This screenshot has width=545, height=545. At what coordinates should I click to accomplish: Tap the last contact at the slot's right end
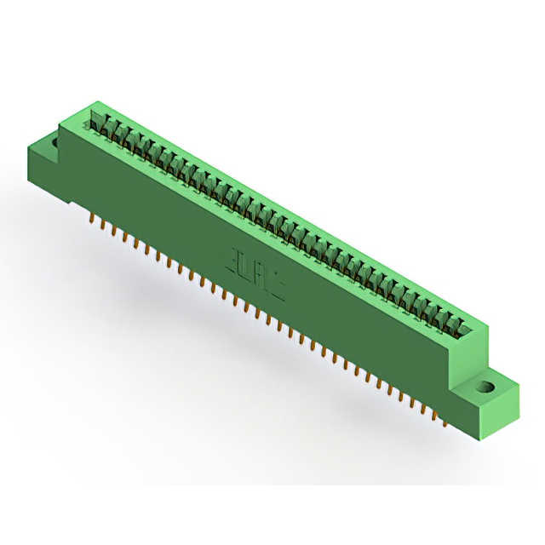click(464, 329)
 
